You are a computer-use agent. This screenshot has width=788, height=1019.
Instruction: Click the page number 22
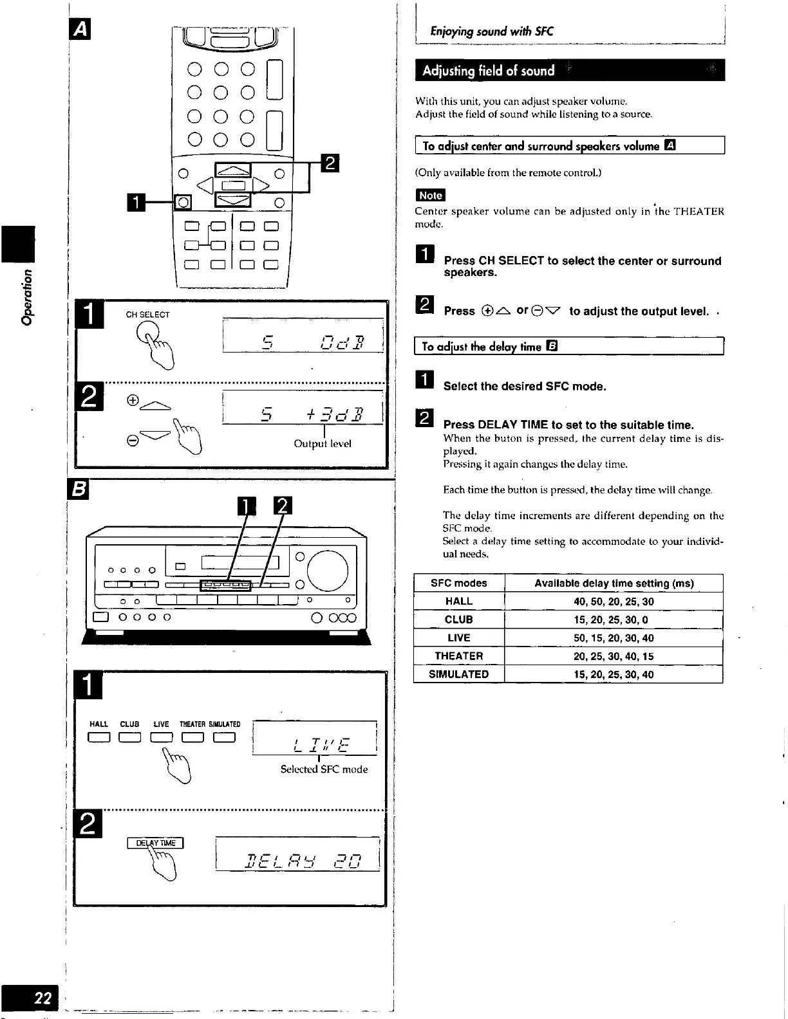click(x=43, y=998)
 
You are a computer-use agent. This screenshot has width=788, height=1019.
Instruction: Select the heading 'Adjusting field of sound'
click(x=488, y=71)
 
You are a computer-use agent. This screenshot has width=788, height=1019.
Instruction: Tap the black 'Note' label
click(x=430, y=196)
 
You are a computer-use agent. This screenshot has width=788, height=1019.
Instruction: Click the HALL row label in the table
click(x=458, y=601)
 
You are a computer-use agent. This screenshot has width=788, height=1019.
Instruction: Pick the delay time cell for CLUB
click(x=614, y=620)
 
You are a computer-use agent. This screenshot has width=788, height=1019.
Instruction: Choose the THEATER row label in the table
click(x=458, y=656)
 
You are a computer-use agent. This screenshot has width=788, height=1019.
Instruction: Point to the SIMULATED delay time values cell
click(x=614, y=674)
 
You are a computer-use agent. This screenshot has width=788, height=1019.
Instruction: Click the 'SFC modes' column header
click(x=458, y=583)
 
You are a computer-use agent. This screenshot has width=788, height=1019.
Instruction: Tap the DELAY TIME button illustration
click(x=156, y=843)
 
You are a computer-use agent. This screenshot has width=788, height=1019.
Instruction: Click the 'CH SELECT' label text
click(x=147, y=315)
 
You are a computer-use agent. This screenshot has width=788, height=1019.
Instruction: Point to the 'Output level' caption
click(x=323, y=444)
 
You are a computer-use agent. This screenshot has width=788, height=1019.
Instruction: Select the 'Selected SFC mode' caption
click(x=324, y=769)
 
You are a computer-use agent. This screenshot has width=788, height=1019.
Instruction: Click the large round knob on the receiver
click(x=328, y=571)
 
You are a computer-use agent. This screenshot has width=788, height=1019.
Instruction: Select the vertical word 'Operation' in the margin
click(x=27, y=297)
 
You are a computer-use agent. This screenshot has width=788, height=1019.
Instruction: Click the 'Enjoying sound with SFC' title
click(x=492, y=31)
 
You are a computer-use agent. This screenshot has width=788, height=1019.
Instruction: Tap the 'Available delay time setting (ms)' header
click(x=614, y=583)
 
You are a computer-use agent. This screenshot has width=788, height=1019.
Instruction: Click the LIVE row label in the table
click(x=458, y=638)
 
